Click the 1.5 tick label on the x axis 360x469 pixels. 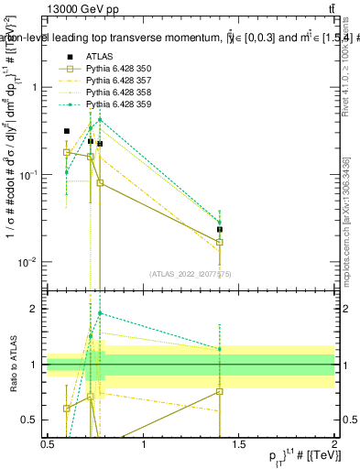(239, 444)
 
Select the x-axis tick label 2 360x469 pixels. (334, 444)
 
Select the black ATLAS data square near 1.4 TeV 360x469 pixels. (220, 230)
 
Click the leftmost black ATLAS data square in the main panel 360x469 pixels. (66, 131)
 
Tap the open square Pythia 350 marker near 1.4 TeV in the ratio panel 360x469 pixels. (220, 391)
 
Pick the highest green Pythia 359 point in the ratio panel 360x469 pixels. (100, 313)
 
